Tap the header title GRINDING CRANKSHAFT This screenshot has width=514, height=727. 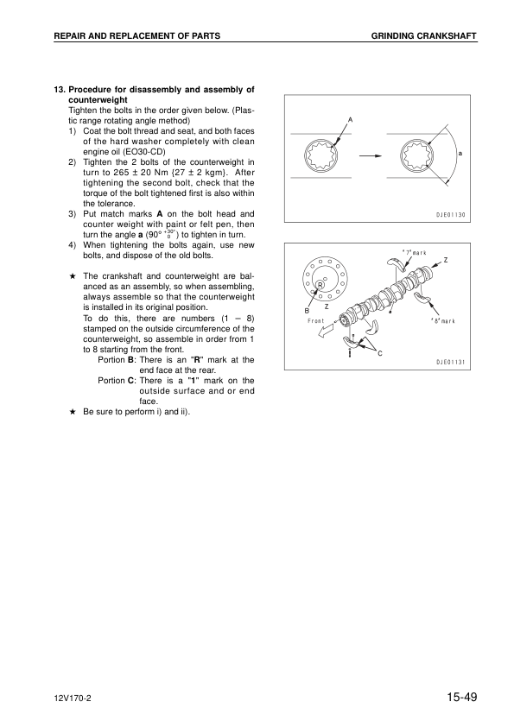click(424, 35)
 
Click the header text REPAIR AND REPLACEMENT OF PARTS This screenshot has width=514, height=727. click(136, 35)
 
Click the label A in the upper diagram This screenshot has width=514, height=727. click(350, 118)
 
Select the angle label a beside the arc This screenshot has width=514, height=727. click(460, 153)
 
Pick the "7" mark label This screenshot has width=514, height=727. click(415, 252)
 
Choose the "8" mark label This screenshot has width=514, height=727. click(441, 321)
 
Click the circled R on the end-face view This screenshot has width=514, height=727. click(320, 284)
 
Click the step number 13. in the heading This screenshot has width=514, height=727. click(60, 89)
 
